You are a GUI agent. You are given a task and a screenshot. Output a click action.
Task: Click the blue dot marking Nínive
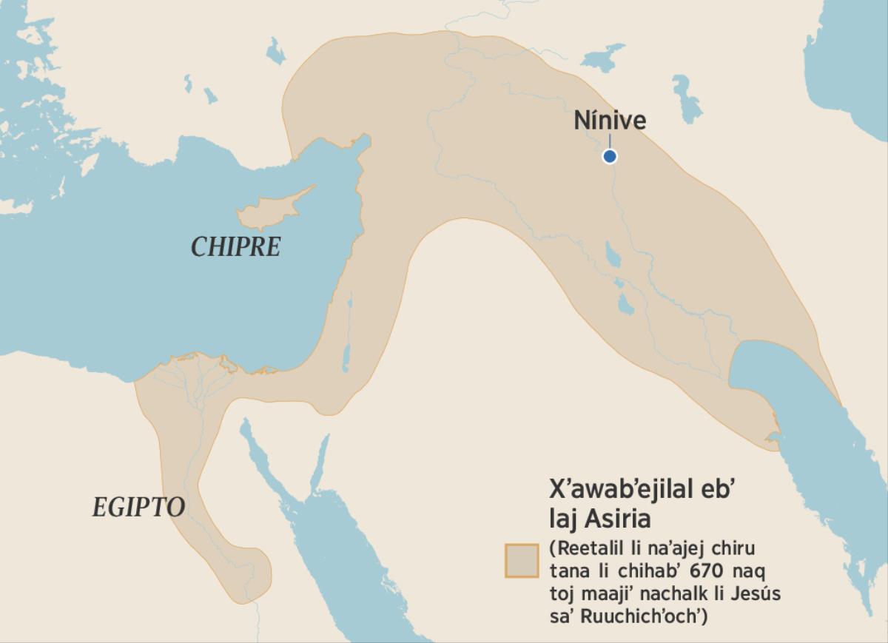[x=610, y=156]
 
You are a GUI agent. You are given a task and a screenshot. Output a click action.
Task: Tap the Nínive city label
[x=610, y=121]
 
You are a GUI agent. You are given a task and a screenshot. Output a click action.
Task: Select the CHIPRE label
[x=236, y=246]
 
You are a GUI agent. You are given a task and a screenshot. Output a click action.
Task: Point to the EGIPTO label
[x=138, y=507]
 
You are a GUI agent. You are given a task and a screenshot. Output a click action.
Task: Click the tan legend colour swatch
[x=521, y=560]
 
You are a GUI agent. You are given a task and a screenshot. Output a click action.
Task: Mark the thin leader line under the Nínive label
[x=610, y=141]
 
